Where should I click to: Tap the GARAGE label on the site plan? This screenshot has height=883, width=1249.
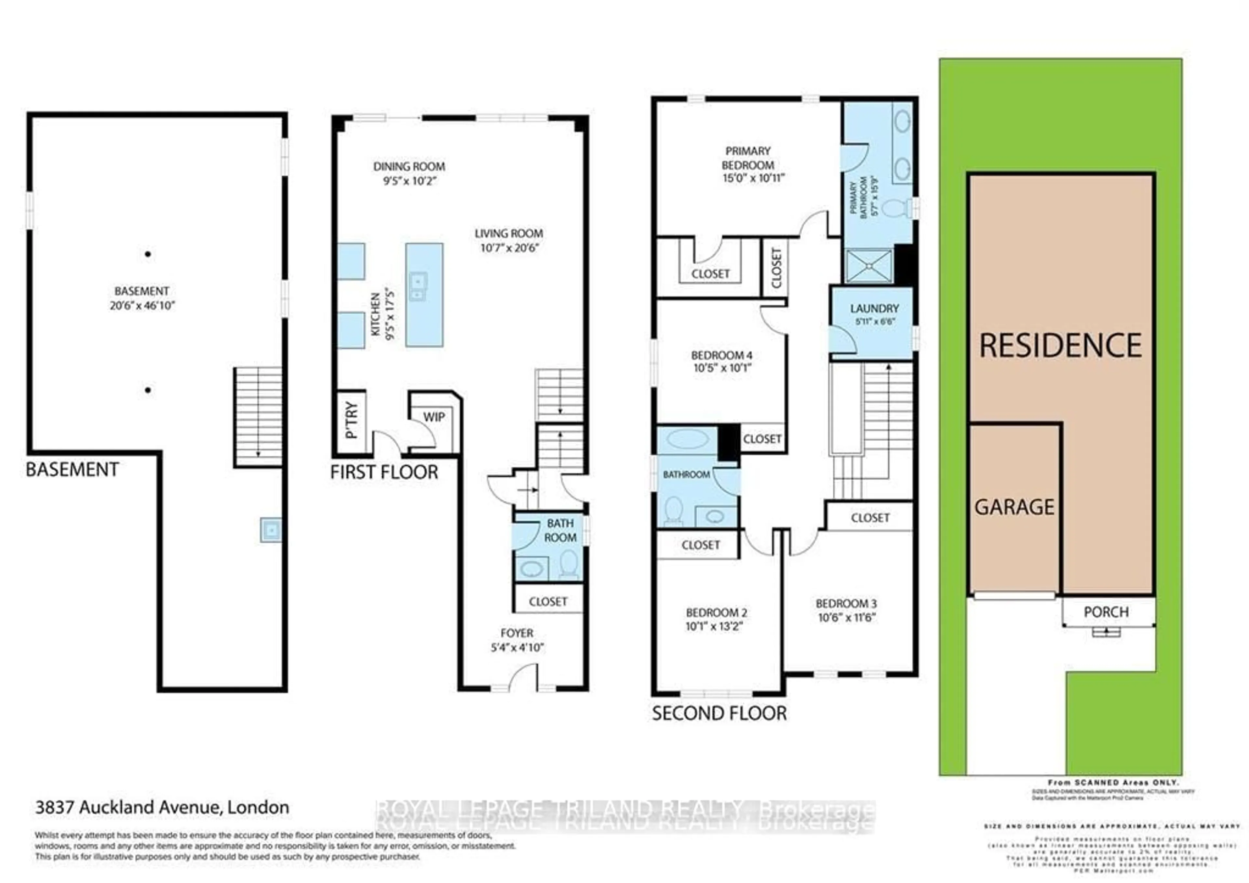(1014, 507)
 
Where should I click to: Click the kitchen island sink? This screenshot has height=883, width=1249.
(418, 287)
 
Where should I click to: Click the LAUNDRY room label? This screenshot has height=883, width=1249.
(874, 308)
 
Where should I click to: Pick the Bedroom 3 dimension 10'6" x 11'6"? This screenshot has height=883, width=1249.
(846, 618)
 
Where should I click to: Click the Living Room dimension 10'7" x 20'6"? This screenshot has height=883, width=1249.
(509, 248)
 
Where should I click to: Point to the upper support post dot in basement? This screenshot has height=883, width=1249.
(147, 254)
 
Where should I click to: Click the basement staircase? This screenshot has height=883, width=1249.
(258, 416)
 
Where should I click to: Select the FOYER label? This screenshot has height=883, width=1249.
(517, 633)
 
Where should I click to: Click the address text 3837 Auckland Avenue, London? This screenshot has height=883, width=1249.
(162, 807)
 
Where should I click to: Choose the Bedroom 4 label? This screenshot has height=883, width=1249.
(721, 355)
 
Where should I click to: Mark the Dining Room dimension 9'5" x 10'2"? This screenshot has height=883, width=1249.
(409, 181)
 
